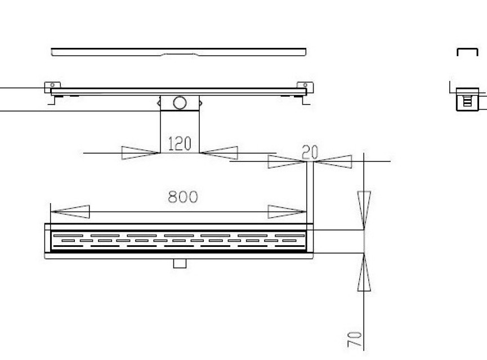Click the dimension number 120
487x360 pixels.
tap(180, 143)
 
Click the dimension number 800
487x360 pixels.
tap(182, 197)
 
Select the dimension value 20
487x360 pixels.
tap(310, 152)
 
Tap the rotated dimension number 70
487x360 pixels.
tap(355, 339)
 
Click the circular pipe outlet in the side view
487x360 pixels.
tap(180, 103)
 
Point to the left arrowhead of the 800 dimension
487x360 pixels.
tap(70, 211)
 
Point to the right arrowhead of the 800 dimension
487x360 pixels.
tap(287, 211)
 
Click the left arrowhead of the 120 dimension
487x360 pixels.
tap(140, 152)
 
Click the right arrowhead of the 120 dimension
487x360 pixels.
tap(218, 152)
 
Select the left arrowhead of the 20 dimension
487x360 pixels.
tap(287, 161)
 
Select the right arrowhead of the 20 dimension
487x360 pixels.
tap(333, 161)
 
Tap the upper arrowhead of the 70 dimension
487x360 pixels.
tap(364, 210)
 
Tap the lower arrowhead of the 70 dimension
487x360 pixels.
tap(364, 272)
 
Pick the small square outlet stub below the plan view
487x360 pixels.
tap(180, 263)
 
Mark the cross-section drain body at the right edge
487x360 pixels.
tap(467, 100)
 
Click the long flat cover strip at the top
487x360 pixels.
tap(178, 52)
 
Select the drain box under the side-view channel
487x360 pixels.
tap(180, 103)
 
